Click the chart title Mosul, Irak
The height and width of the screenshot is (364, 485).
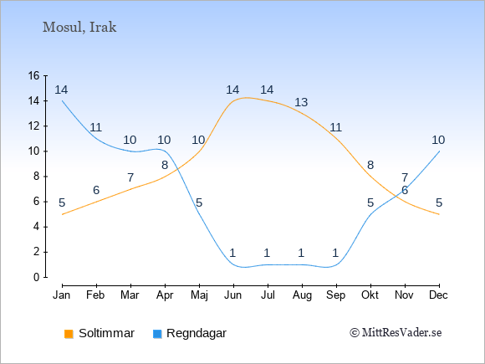79,28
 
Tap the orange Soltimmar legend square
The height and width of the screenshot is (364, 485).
69,334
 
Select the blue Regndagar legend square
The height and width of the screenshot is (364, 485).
157,334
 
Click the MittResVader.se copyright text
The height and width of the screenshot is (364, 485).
396,333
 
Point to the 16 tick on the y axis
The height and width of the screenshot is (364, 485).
33,75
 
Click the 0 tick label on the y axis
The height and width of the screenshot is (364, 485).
37,277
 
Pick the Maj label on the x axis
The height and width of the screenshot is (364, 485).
199,295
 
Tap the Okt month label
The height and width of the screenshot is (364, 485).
370,295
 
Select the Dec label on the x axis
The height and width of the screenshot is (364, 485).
439,295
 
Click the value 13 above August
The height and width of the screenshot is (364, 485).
301,102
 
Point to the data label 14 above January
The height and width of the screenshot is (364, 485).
61,90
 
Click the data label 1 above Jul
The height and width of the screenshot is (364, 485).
267,254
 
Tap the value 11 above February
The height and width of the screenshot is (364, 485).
95,127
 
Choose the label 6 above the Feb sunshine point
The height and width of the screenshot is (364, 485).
96,190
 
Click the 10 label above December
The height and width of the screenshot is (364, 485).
438,141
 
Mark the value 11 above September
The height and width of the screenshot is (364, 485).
335,127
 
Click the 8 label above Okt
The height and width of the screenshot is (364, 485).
370,166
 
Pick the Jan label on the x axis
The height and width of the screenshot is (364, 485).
62,295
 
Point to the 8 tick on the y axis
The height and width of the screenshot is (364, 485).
37,177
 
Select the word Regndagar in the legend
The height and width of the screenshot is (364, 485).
197,333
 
